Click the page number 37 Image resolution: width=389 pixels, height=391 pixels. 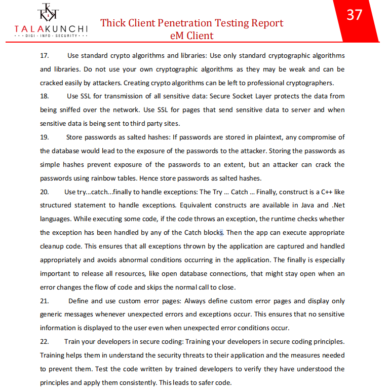(x=355, y=15)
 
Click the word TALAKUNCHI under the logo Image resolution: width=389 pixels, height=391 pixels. (x=51, y=29)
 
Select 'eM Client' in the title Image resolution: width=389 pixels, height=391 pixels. (x=192, y=35)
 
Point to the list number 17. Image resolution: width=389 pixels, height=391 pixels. (x=44, y=55)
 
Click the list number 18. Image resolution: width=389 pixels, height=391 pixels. (x=44, y=96)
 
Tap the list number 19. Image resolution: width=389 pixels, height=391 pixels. (x=44, y=137)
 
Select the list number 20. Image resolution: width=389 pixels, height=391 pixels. (x=44, y=192)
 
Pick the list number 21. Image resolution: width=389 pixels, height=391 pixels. (x=44, y=301)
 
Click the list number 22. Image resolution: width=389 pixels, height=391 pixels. (x=44, y=342)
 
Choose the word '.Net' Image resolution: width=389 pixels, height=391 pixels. (x=338, y=205)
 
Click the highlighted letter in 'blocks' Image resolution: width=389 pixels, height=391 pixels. (x=221, y=233)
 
